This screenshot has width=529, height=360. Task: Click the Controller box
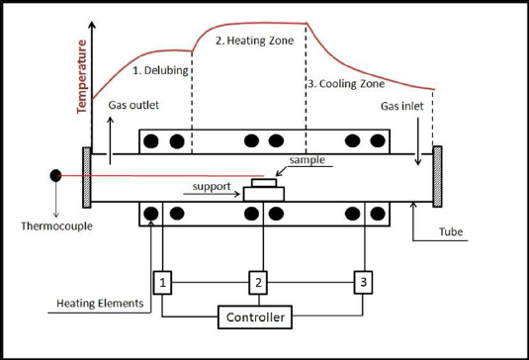[256, 317]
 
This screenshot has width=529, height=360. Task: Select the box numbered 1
[163, 284]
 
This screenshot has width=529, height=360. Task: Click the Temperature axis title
[82, 74]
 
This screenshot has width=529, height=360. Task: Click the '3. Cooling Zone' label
[345, 83]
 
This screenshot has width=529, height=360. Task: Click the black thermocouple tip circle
[56, 176]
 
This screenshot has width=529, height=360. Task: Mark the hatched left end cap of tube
[88, 178]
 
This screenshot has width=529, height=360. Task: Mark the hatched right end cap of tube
[437, 178]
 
